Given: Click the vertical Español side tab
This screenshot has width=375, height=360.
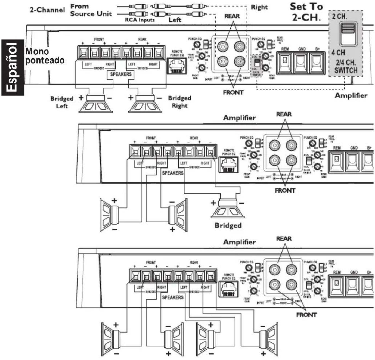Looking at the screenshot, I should coord(13,67).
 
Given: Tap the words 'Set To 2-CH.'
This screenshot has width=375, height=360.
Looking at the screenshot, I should coord(306,12).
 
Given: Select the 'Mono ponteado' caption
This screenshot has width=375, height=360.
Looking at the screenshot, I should coord(45,56).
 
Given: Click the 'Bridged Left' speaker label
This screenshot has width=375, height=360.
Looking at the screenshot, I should coord(62,102).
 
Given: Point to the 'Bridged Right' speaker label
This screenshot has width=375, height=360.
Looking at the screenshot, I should coord(179,102).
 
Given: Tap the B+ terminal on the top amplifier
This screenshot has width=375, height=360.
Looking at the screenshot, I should coord(317,63).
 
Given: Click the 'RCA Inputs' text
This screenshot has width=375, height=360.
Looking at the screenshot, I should coord(140,20).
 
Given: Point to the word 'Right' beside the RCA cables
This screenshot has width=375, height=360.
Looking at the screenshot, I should coord(259,7).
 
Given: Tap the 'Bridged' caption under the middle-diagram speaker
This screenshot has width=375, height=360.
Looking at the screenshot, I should coord(228,225).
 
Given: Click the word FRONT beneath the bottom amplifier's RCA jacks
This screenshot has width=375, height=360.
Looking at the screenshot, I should coord(306,315).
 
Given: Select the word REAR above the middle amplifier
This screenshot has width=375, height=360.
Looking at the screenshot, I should coord(284,114).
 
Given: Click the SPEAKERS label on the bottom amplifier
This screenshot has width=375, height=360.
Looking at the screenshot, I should coord(172,297).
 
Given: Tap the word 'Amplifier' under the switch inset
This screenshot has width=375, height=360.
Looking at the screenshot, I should coord(351,95).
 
